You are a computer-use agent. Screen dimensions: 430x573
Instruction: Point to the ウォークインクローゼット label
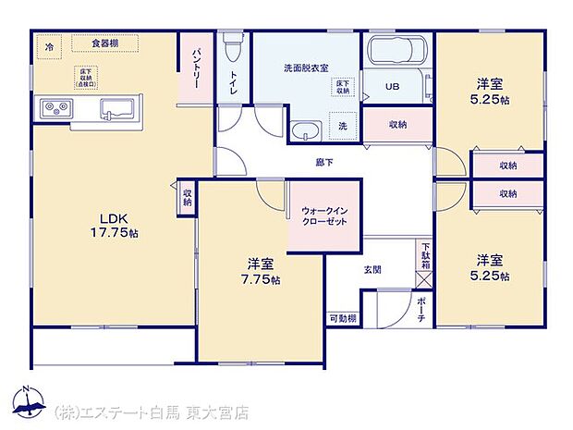pos(323,215)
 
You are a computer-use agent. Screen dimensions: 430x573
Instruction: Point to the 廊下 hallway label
pos(323,162)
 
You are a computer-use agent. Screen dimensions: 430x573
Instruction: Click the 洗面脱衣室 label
pos(306,68)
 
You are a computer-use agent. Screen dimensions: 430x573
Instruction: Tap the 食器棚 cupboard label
pos(105,43)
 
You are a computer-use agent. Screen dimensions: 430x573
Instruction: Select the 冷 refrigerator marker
pos(50,43)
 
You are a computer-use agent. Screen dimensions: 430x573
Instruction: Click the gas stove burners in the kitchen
pos(55,108)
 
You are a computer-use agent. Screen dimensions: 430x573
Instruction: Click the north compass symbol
pos(28,399)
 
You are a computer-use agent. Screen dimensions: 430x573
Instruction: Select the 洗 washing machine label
pos(341,127)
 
